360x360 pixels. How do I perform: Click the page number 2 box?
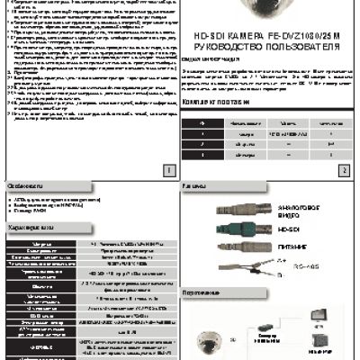coord(343,169)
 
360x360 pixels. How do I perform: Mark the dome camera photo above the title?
coord(271,10)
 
